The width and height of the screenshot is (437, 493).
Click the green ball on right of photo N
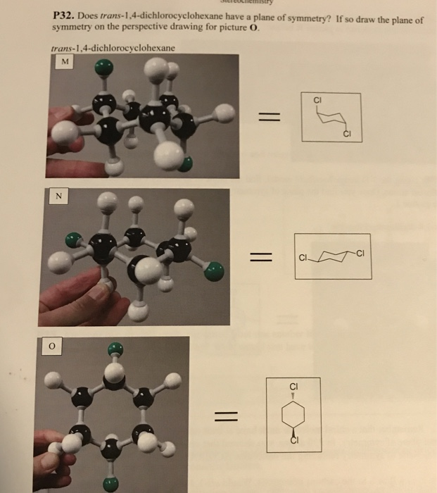(x=217, y=268)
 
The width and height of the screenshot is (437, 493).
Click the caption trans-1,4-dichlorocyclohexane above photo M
(x=113, y=48)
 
